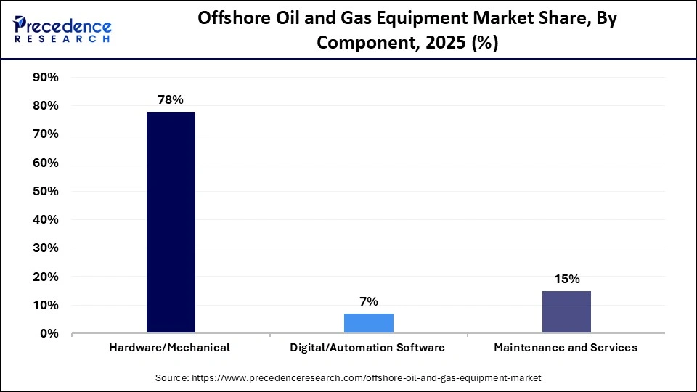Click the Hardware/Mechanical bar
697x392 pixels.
[x=171, y=222]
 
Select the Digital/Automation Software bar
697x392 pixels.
[x=369, y=323]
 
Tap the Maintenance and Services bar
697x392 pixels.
[x=566, y=312]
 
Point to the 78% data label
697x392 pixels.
[x=171, y=99]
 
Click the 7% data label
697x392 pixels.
[x=369, y=301]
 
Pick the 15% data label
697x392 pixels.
[x=566, y=279]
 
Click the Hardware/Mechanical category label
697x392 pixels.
[x=170, y=348]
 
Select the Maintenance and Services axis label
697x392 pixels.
[x=566, y=348]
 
